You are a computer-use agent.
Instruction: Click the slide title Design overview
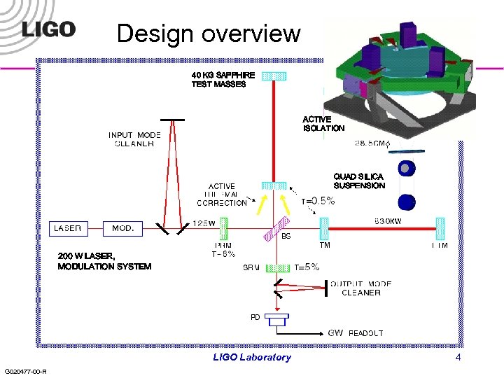click(x=209, y=33)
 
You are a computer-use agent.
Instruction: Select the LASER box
click(x=69, y=228)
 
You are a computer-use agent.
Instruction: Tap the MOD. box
click(x=122, y=228)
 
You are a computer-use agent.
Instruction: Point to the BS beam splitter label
click(x=286, y=237)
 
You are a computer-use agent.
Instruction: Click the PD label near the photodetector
click(x=255, y=317)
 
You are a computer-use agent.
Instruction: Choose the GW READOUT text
click(x=356, y=333)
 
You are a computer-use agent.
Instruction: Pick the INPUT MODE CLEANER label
click(x=134, y=139)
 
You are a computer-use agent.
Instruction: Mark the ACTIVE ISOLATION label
click(x=323, y=124)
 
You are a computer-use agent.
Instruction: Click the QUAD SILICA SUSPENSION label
click(x=359, y=181)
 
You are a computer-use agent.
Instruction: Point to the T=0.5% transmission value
click(x=318, y=201)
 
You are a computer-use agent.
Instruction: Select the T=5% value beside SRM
click(x=307, y=267)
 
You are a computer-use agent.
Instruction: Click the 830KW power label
click(x=391, y=221)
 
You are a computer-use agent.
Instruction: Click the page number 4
click(x=458, y=357)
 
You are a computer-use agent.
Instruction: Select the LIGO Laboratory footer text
click(x=251, y=357)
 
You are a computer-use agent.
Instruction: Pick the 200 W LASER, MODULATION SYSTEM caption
click(x=104, y=261)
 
